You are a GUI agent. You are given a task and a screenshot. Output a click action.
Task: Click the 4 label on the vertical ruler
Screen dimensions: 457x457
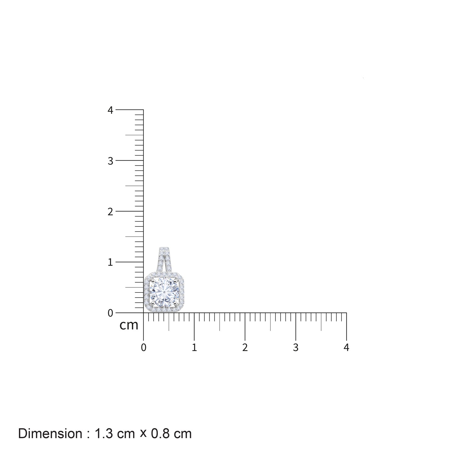tap(110, 110)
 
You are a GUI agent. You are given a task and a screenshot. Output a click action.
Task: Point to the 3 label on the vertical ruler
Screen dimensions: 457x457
tap(110, 161)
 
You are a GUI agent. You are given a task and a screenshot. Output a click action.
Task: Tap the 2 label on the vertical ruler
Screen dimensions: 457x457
tap(110, 211)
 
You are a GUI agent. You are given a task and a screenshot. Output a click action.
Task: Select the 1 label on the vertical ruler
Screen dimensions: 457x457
tap(110, 262)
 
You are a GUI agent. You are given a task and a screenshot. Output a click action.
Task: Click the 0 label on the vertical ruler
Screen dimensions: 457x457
tap(110, 313)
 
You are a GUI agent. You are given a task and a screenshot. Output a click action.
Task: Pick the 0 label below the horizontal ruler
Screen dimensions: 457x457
tap(143, 348)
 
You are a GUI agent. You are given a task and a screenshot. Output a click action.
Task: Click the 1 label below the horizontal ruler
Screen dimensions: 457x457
tap(194, 348)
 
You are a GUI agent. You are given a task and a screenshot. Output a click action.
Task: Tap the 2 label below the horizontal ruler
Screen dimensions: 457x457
tap(245, 348)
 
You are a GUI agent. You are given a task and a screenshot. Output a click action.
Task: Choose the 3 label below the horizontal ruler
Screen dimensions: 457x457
tap(296, 348)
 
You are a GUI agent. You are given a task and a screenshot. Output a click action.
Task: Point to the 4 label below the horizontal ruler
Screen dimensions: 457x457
tap(346, 348)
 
